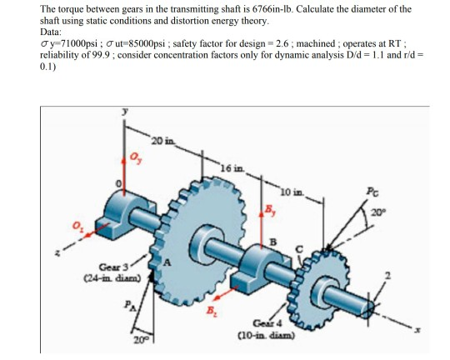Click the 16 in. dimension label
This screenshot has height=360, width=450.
(231, 169)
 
